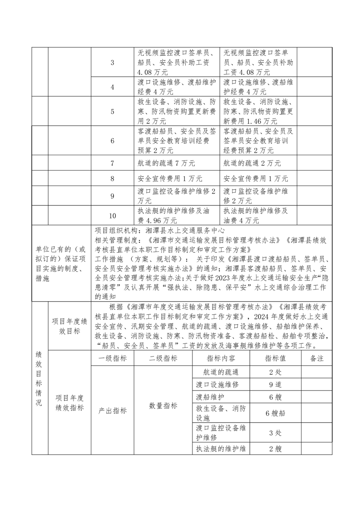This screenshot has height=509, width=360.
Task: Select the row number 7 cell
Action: pos(112,163)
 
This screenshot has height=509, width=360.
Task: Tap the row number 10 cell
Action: pos(112,215)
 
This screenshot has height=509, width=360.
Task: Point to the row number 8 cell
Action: pos(112,179)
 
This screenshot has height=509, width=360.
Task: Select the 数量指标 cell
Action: pos(163,406)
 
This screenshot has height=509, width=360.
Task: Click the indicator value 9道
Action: pos(275,384)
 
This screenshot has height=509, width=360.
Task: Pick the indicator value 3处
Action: pos(275,432)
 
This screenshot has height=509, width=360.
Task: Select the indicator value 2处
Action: pos(275,372)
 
